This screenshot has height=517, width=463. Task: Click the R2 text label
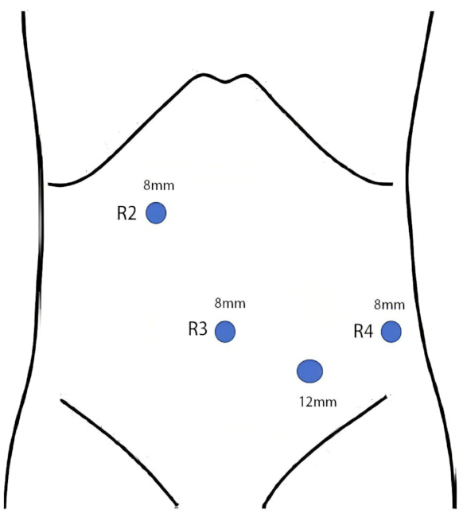126,213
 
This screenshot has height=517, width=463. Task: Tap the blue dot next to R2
156,213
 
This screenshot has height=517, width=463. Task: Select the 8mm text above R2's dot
158,185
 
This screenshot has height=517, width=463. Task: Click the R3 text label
198,328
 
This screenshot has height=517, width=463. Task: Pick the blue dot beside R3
225,332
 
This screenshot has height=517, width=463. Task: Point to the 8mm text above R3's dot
230,303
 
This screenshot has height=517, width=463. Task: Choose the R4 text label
364,331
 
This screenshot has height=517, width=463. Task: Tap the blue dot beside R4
391,332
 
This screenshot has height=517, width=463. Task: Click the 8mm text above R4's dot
390,305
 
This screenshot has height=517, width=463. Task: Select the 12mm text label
318,402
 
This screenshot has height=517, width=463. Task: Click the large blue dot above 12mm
309,371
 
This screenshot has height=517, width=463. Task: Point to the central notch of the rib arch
225,81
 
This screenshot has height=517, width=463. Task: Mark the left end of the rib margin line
49,184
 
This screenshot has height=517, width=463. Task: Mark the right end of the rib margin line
392,184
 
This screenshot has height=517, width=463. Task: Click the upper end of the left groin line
61,400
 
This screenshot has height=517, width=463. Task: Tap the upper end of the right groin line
386,397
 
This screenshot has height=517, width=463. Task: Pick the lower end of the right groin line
263,507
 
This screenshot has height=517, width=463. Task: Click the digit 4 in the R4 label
368,332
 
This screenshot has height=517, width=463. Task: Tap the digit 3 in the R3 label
203,329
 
